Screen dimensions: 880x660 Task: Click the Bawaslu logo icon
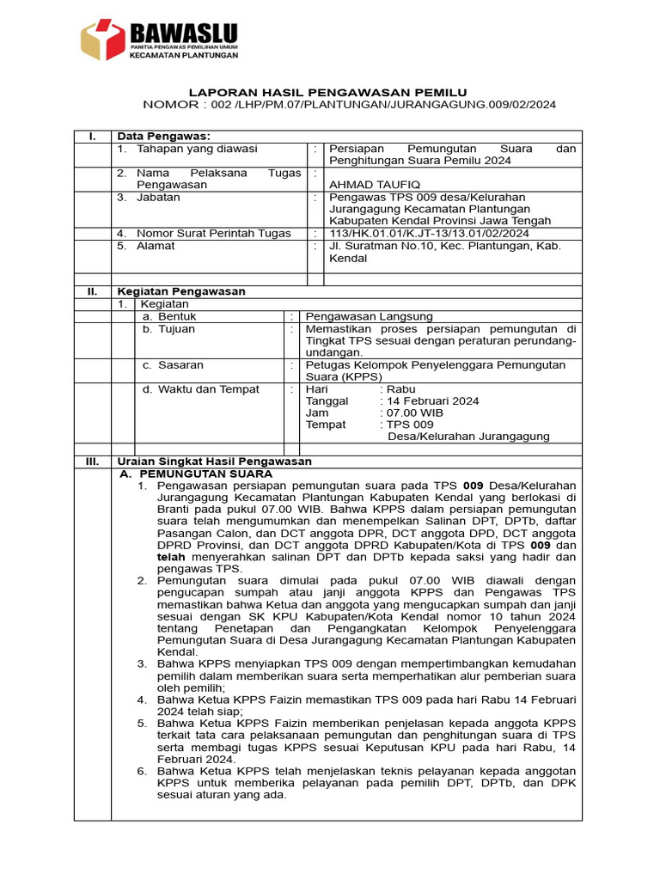102,40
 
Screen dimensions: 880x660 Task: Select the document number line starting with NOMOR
349,104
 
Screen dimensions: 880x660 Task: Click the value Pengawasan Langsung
370,316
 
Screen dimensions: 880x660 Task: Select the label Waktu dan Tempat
200,388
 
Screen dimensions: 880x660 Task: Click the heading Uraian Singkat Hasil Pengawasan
214,461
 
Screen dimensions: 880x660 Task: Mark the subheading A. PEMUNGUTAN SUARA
195,474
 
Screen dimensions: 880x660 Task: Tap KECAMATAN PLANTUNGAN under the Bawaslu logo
183,55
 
